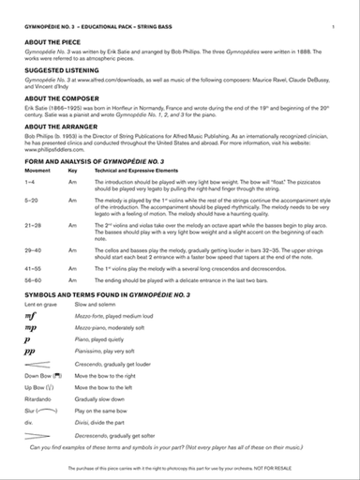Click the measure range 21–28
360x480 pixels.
point(31,226)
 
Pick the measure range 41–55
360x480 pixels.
point(31,267)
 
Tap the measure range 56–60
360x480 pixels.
point(31,279)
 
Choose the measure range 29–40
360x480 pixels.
point(31,248)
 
